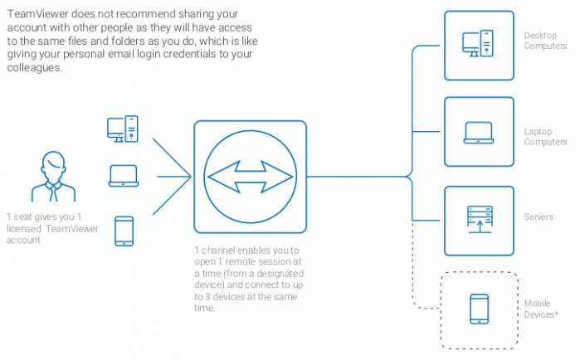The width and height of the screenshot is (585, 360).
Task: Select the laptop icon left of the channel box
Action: (x=123, y=176)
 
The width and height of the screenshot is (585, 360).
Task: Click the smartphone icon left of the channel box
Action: (x=124, y=230)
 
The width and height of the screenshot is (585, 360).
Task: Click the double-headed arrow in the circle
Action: (x=250, y=176)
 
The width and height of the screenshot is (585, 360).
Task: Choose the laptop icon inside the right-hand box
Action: (x=479, y=132)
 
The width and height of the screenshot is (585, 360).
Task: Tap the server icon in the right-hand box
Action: (x=479, y=220)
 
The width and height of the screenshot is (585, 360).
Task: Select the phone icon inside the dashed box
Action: (x=479, y=309)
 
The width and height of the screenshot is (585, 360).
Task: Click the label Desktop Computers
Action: (x=545, y=41)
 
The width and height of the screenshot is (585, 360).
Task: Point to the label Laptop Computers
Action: (x=545, y=137)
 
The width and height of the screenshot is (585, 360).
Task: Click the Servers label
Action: (x=539, y=217)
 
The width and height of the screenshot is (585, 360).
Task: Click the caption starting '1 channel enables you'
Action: (x=250, y=278)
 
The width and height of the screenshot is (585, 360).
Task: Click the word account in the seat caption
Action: (x=24, y=241)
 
